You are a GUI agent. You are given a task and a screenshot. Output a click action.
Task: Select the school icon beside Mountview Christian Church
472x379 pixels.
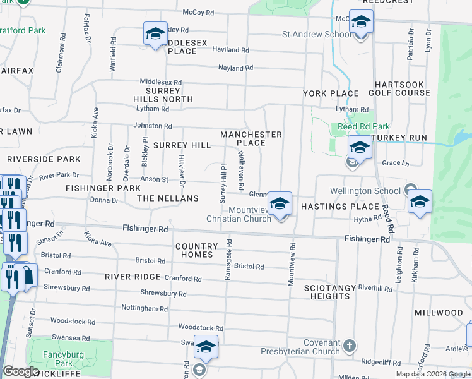(280, 204)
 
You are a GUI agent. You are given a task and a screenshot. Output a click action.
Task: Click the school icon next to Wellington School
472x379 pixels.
(420, 202)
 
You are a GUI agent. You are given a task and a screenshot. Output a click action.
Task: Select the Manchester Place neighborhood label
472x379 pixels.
(251, 138)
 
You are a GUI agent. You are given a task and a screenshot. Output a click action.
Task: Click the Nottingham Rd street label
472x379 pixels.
(145, 309)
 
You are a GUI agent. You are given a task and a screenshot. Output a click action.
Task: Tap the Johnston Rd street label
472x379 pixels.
(153, 126)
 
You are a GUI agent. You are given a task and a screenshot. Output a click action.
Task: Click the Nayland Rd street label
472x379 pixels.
(235, 68)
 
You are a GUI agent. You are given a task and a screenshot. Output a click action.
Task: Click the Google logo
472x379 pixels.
(21, 371)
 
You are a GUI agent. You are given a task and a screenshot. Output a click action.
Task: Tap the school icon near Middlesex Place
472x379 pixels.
(155, 34)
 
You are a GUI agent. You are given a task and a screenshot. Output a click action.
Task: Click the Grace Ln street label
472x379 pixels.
(391, 163)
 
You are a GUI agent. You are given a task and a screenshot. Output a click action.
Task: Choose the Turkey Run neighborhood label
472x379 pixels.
(399, 138)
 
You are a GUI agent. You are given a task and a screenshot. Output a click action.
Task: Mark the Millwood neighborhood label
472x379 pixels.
(439, 313)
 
